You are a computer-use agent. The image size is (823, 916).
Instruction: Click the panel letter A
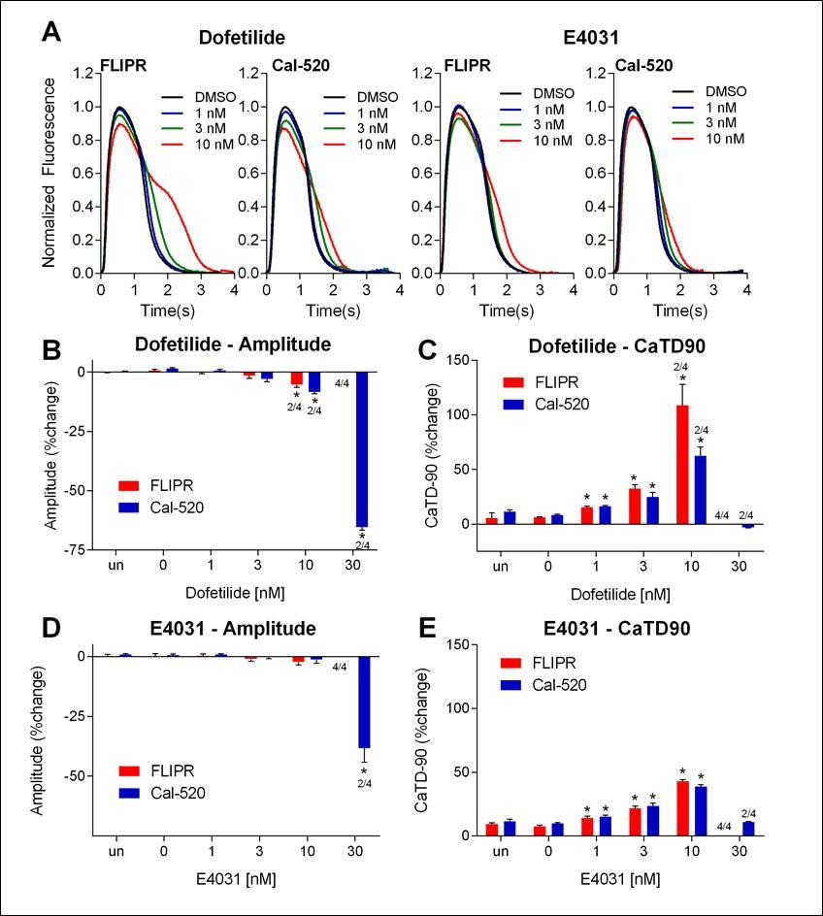tap(54, 33)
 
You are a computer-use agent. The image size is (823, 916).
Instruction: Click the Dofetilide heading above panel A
tap(242, 38)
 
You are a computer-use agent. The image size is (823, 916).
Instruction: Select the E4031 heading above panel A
tap(590, 38)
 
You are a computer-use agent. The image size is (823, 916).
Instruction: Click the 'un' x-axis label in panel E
tap(500, 853)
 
